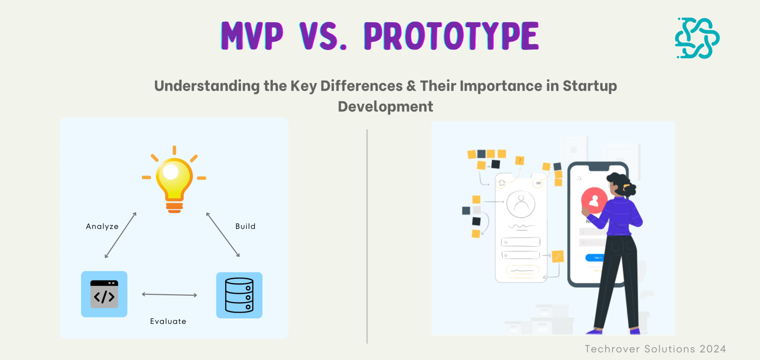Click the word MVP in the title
point(252,36)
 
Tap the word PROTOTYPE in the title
point(451,36)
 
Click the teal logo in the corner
point(697,38)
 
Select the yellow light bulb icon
point(174,180)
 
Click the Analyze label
point(102,226)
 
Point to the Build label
point(245,226)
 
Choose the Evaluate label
point(168,321)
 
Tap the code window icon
point(104,294)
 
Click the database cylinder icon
point(239,295)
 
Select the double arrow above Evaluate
point(169,295)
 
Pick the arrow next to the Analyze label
point(120,235)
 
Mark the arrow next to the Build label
point(223,234)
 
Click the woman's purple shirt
point(617,217)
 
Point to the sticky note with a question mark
point(520,160)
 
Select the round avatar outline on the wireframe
point(521,204)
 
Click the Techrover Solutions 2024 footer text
point(655,349)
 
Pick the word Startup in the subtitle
point(590,86)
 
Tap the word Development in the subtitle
point(385,106)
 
